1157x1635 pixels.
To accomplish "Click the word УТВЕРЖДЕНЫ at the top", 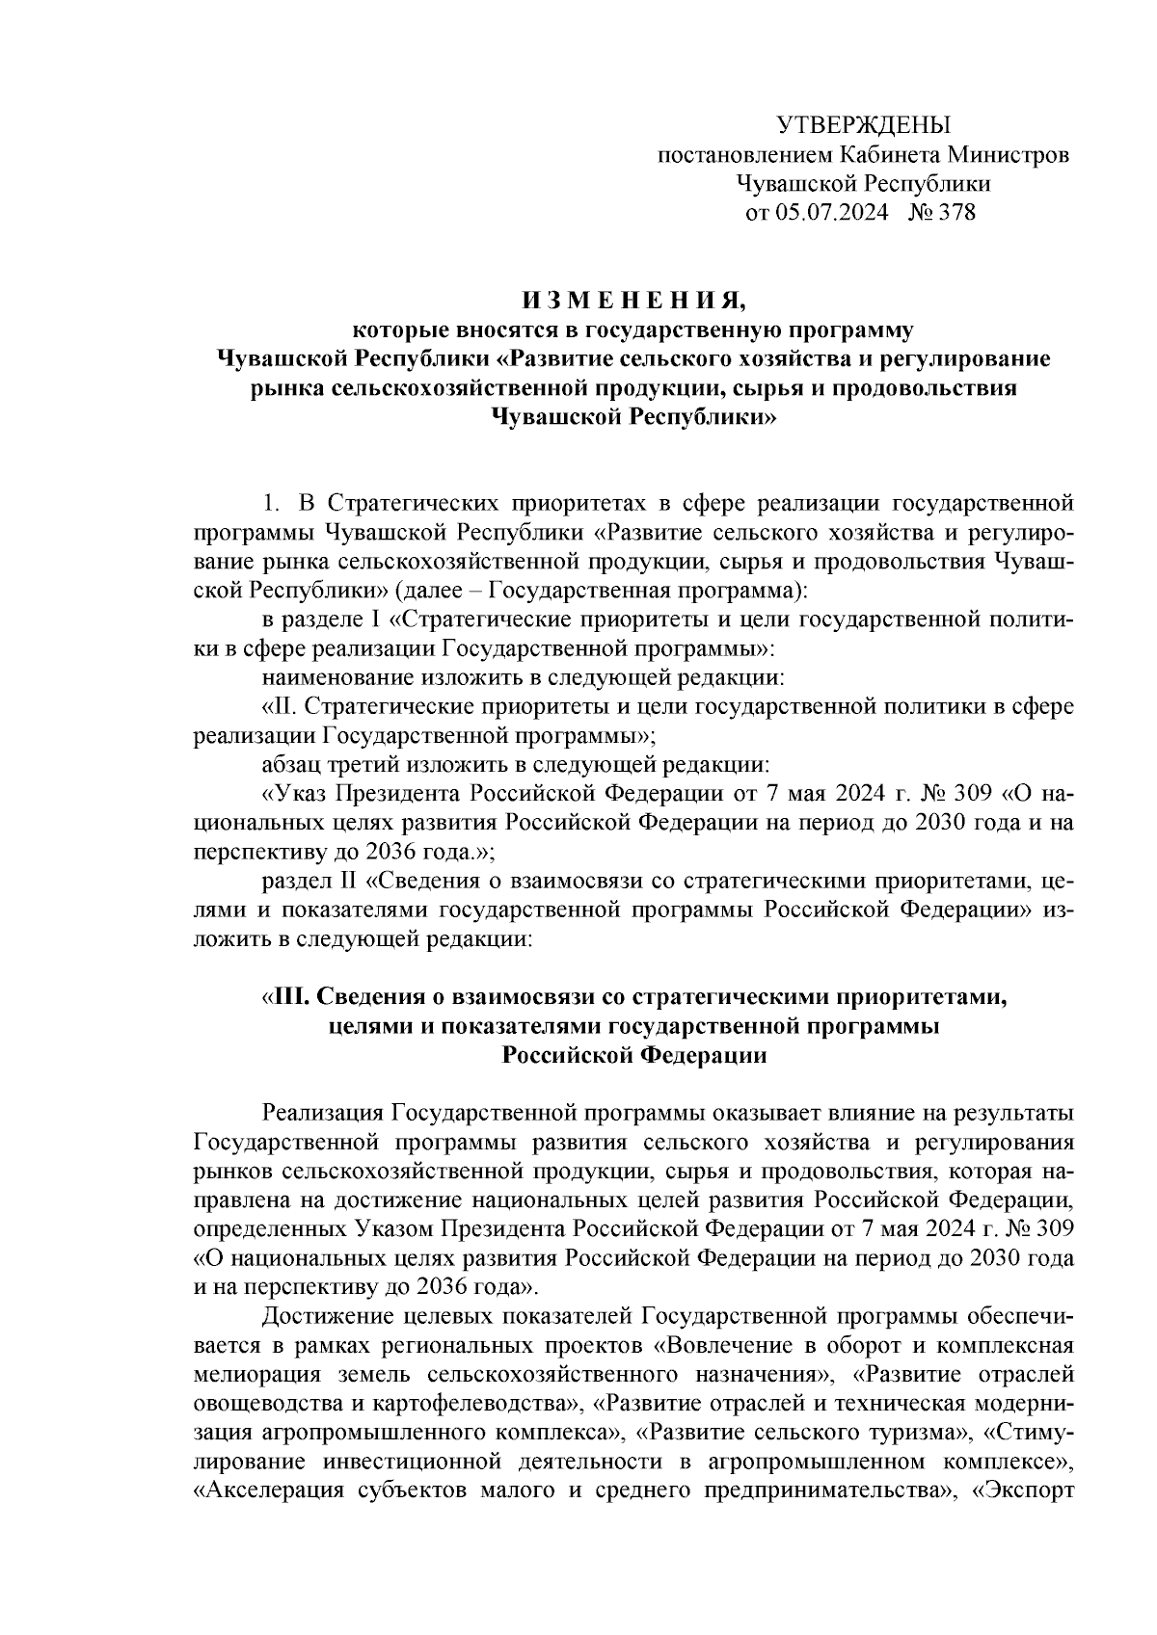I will (863, 125).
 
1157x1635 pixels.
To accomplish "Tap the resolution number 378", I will (955, 212).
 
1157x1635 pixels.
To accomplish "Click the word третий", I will (372, 765).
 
